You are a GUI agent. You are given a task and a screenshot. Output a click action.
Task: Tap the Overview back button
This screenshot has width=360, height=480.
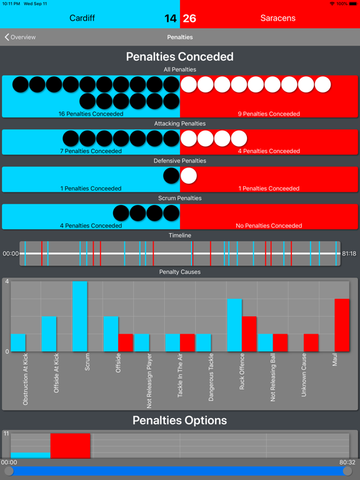click(x=20, y=37)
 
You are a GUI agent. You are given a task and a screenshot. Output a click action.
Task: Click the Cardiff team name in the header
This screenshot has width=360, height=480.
click(x=82, y=18)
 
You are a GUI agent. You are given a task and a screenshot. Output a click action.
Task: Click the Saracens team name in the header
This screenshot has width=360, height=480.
click(x=277, y=18)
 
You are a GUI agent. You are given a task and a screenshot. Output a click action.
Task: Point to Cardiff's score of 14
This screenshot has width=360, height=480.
click(x=170, y=19)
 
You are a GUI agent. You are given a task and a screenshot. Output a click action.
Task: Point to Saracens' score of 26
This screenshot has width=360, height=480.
click(x=189, y=19)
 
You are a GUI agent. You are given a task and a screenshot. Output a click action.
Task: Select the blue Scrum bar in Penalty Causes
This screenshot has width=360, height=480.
click(x=79, y=316)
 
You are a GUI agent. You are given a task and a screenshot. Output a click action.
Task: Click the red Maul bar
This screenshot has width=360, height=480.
click(x=342, y=325)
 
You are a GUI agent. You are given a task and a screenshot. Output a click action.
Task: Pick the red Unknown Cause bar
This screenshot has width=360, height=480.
click(x=311, y=342)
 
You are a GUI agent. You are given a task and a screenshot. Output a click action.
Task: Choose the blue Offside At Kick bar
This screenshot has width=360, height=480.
click(x=49, y=334)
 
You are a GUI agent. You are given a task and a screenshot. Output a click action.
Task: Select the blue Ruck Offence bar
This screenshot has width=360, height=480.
click(x=234, y=325)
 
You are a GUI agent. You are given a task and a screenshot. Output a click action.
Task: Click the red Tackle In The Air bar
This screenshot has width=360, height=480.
click(x=187, y=342)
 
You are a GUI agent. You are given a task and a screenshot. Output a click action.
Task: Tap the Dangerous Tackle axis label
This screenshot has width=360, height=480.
click(x=211, y=377)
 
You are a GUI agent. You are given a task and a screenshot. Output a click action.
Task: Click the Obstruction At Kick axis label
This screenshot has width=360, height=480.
click(x=26, y=379)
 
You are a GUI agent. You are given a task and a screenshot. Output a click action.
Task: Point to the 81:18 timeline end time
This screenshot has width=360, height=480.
click(x=349, y=254)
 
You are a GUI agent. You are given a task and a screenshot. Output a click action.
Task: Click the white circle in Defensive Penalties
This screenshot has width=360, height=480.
click(x=189, y=176)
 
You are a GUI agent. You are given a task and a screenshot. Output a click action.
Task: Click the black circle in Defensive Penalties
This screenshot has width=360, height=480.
click(x=171, y=176)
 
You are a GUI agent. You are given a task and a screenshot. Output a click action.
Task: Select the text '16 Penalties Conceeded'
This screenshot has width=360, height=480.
click(x=91, y=114)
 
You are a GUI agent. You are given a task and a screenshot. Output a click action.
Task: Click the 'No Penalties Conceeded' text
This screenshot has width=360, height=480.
click(x=269, y=226)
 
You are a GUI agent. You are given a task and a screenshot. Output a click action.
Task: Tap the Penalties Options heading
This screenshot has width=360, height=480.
click(x=180, y=420)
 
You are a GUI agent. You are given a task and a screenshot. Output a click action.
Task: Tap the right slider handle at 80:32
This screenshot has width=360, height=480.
click(x=347, y=471)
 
